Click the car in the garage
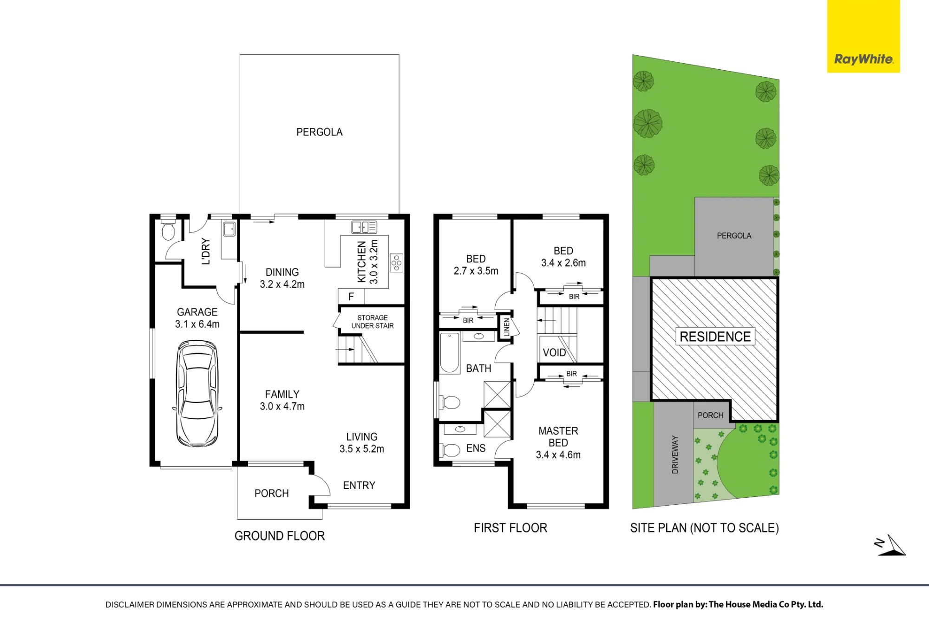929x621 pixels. [x=197, y=394]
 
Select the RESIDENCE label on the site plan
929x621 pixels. [x=715, y=337]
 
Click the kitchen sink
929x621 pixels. [x=364, y=227]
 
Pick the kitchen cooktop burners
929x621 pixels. [x=396, y=263]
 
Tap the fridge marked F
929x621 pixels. [x=351, y=296]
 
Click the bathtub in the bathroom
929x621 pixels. [x=450, y=353]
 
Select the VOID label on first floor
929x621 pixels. [x=555, y=352]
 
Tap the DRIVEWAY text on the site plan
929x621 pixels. [x=675, y=455]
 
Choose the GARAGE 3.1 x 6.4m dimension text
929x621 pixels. [x=197, y=318]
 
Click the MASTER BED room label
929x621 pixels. [x=558, y=437]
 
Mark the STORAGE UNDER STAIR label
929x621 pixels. [x=373, y=322]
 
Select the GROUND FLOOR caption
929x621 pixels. [x=280, y=536]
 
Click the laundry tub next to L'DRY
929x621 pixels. [x=229, y=229]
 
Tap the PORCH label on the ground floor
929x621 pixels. [x=272, y=493]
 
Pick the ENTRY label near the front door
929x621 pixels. [x=359, y=485]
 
